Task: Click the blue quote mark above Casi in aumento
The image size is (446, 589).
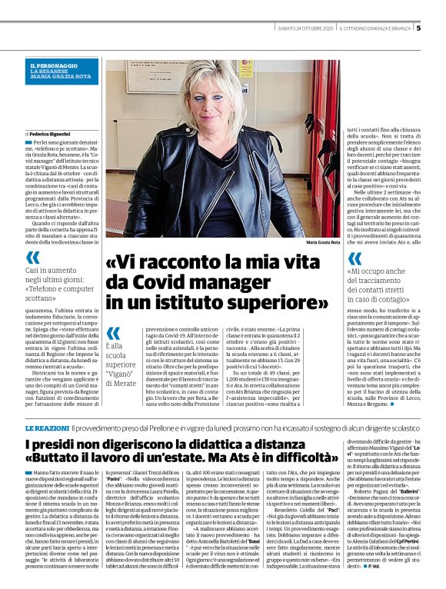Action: tap(33, 258)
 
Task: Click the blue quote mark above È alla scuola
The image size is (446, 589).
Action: tap(112, 332)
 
